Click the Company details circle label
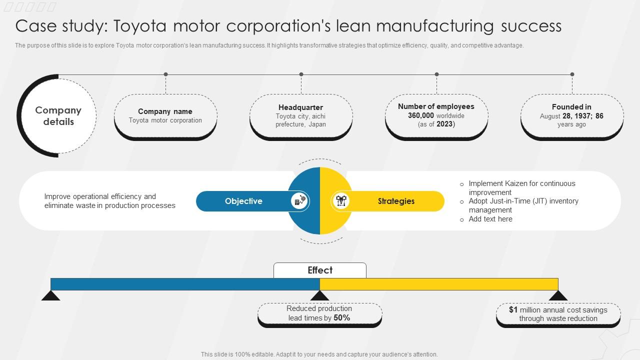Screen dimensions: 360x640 click(x=58, y=116)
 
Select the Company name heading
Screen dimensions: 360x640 click(x=165, y=111)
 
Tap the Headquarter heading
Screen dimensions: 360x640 click(x=300, y=107)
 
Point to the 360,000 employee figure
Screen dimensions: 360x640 click(x=421, y=115)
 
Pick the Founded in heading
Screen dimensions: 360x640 click(x=571, y=107)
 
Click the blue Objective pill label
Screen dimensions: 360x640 click(x=243, y=201)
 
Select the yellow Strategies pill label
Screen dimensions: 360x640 click(x=396, y=201)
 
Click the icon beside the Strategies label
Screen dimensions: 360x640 click(x=341, y=201)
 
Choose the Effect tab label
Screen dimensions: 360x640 click(x=320, y=270)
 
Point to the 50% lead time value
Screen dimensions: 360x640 click(x=341, y=318)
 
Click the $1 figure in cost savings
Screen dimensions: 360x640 click(x=513, y=310)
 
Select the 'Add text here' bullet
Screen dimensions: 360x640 click(x=490, y=219)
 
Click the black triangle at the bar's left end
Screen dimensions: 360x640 click(x=51, y=295)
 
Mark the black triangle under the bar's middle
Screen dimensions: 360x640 click(x=320, y=295)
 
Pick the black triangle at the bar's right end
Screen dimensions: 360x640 click(x=558, y=295)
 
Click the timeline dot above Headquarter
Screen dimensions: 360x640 click(x=301, y=74)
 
